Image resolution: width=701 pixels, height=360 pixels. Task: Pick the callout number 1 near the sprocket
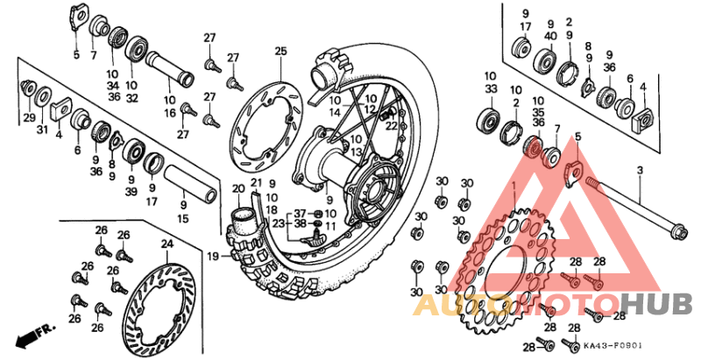point(513,187)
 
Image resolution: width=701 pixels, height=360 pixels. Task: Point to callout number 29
point(29,118)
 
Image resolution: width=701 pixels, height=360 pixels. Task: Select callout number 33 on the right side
point(489,88)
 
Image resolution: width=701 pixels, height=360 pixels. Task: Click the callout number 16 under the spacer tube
point(168,113)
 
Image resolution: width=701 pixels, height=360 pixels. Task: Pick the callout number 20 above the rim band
point(238,188)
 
